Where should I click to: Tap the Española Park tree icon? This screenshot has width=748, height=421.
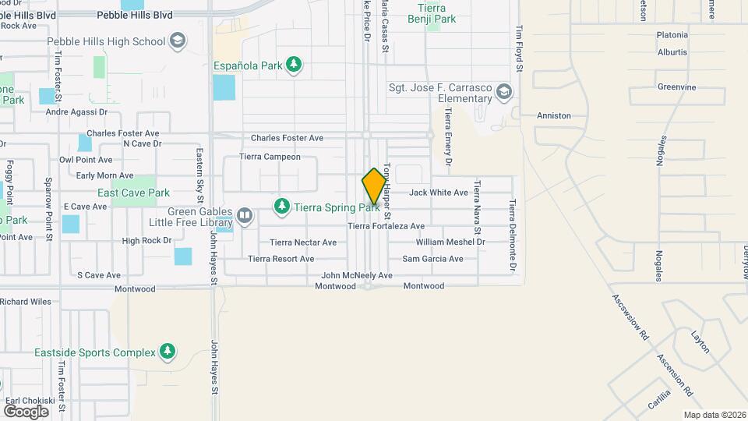[294, 64]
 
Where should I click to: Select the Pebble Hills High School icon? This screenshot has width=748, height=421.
[177, 41]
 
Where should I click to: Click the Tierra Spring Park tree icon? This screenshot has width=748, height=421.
[281, 207]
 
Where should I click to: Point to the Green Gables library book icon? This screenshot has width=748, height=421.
[244, 214]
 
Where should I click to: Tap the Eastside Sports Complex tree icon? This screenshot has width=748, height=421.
[167, 352]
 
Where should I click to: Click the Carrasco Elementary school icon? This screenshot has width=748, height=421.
[503, 93]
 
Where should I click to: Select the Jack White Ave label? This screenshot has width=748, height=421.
[439, 192]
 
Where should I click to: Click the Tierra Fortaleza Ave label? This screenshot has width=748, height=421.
[386, 226]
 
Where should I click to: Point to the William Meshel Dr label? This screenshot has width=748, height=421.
[450, 242]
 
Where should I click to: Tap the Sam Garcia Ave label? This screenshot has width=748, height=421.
[432, 259]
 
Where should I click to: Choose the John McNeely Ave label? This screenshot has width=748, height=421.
[357, 275]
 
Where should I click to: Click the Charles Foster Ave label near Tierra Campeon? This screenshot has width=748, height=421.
[287, 138]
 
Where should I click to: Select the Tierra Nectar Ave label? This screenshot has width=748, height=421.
[303, 242]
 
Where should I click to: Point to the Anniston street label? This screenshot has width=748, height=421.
[555, 115]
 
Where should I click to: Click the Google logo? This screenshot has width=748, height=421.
[26, 411]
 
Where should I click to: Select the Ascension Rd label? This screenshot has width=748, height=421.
[674, 373]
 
